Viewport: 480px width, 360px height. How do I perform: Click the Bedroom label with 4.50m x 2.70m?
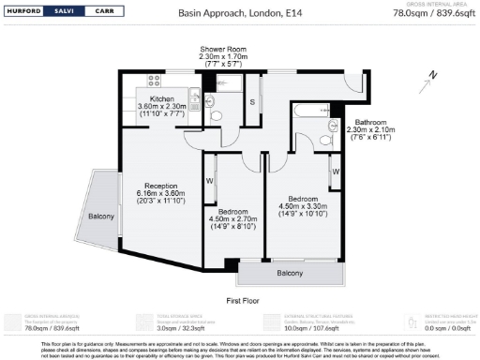233,212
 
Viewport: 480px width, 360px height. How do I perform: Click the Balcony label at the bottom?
290,273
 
